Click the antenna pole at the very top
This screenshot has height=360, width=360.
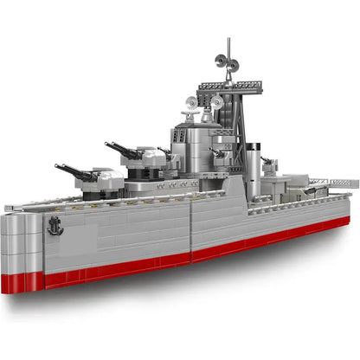click(229, 48)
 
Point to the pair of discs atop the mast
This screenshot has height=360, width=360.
click(228, 63)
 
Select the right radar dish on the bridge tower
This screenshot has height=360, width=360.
click(217, 104)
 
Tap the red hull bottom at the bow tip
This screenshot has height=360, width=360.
click(22, 282)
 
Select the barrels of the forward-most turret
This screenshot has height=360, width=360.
click(74, 170)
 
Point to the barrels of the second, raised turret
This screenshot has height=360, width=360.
click(122, 149)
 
